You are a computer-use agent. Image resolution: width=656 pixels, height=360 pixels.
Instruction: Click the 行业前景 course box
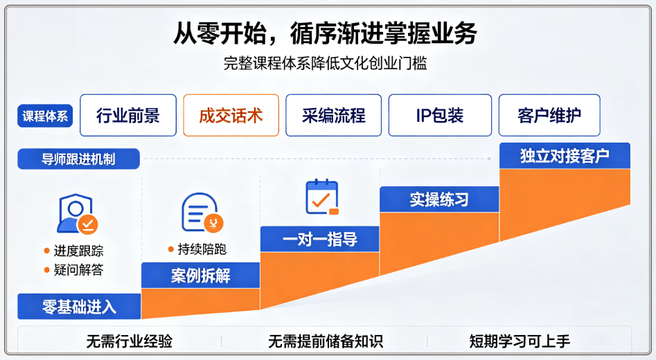(128, 116)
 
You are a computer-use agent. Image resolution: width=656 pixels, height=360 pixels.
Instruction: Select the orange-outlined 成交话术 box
(231, 116)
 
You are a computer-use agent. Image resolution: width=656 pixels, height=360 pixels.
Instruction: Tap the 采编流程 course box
(333, 116)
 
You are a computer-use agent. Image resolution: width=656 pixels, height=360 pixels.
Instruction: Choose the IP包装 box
(440, 116)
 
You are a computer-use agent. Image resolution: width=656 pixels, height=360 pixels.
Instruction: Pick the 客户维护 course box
(549, 116)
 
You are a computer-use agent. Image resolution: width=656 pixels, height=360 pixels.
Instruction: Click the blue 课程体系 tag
(45, 116)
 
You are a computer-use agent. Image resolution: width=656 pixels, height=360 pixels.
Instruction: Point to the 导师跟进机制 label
(79, 159)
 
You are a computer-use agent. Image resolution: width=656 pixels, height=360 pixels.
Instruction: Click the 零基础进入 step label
(79, 307)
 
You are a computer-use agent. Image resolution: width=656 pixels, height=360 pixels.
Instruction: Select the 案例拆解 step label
(200, 276)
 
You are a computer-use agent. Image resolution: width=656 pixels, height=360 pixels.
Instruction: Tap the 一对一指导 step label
(319, 240)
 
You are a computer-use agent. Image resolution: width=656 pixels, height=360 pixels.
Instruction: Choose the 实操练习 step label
(439, 199)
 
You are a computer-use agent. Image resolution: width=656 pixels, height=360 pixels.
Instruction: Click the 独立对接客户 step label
(565, 156)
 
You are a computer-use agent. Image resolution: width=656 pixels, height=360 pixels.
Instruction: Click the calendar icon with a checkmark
(321, 197)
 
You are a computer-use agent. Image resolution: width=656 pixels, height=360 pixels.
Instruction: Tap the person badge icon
(78, 213)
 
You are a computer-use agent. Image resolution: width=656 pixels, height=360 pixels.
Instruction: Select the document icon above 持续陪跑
(202, 213)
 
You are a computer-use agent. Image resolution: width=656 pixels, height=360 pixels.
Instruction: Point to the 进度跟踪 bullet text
(78, 251)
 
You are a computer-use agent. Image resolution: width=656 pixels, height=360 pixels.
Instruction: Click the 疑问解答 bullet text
(78, 270)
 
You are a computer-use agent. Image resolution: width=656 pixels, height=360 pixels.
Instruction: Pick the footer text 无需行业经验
(130, 341)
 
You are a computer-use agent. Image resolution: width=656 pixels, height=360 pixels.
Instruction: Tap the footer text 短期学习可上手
(520, 341)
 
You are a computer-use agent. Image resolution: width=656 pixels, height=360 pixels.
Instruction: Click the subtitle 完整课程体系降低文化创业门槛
(325, 64)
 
